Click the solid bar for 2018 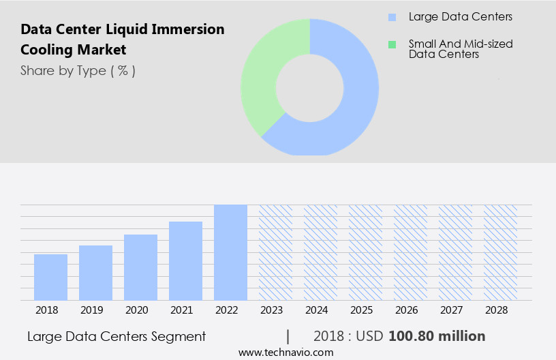coord(50,277)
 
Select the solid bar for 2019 coord(95,273)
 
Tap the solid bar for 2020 coord(140,267)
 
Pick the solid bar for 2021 coord(185,261)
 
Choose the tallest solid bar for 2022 coord(230,252)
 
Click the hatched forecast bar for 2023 coord(275,252)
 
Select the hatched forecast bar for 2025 coord(365,252)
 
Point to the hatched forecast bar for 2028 coord(500,252)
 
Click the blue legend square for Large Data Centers coord(392,17)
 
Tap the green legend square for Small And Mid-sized coord(392,44)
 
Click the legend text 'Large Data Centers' coord(460,17)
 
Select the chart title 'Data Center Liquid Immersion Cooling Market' coord(122,40)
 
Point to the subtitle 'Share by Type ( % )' coord(78,71)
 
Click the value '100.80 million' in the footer coord(437,336)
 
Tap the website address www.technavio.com coord(285,352)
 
